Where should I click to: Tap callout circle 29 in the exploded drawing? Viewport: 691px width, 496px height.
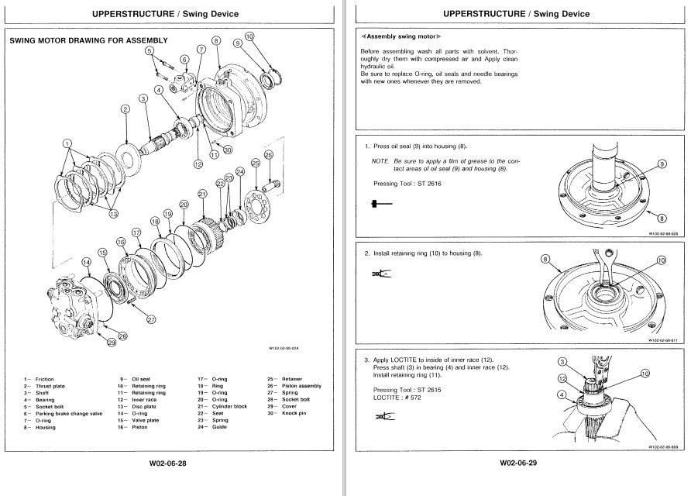112,342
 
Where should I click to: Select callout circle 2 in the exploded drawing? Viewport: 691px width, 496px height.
125,110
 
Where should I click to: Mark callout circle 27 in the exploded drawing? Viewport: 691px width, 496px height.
151,319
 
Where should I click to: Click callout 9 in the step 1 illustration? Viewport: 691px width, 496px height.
662,164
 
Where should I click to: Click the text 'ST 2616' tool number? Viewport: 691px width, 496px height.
425,184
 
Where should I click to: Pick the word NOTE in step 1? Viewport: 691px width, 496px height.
380,160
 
